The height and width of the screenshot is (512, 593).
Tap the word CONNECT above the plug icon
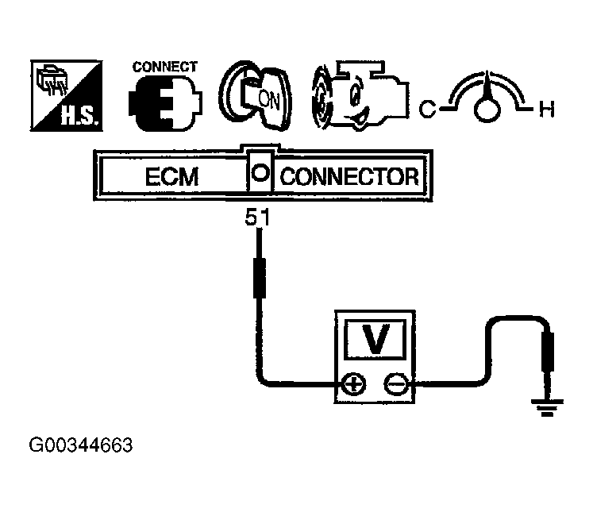coord(164,67)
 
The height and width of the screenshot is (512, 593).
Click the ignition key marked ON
coord(256,98)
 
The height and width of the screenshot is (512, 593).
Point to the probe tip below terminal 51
coord(259,275)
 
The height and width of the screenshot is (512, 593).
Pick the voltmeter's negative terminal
coord(395,385)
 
